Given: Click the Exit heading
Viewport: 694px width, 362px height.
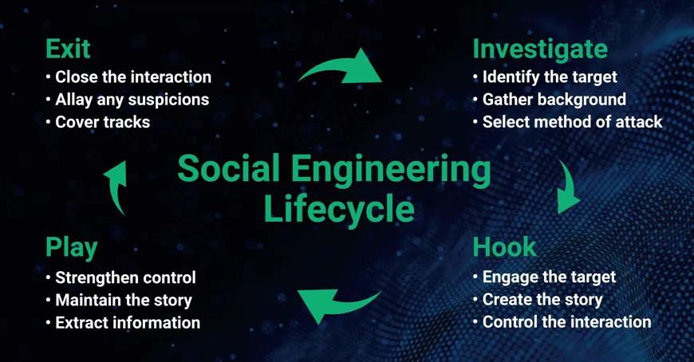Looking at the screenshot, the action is coord(68,49).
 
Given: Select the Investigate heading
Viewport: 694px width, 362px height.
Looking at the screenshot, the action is coord(540,50).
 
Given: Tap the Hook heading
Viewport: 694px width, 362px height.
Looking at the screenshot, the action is coord(505,247).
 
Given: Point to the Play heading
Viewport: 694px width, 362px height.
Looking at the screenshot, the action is coord(72,248).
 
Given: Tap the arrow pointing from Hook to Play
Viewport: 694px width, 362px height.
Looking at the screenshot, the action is coord(337,304).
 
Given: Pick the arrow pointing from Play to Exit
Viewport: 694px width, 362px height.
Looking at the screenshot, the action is coord(115,187).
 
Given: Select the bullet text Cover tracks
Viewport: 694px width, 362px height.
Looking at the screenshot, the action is coord(103,122).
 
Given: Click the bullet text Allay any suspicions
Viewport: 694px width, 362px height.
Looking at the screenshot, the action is coord(132,100).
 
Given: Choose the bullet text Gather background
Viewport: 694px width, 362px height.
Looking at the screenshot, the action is coord(554,100).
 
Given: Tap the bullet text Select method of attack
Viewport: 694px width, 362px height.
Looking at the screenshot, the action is coord(572,122).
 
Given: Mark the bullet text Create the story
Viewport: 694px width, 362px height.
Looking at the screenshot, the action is coord(542,300).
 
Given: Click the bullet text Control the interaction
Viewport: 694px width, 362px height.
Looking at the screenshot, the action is coord(567,321).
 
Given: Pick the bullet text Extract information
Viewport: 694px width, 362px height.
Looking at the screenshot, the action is coord(128,323).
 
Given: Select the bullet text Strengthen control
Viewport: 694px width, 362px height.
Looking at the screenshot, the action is coord(126,278).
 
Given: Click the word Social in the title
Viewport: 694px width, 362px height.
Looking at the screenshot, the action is coord(228,168).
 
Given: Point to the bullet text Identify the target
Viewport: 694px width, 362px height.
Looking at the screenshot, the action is coord(550,77).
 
